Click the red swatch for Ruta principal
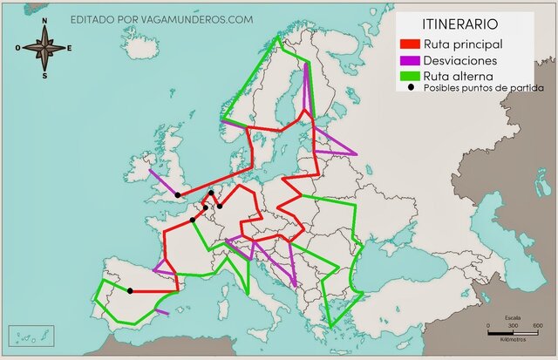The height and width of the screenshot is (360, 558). click(409, 44)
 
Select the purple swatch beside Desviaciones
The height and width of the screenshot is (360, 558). click(409, 61)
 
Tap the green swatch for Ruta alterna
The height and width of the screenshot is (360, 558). click(409, 78)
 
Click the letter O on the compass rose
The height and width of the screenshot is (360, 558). click(17, 49)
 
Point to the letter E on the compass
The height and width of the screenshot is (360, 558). click(70, 49)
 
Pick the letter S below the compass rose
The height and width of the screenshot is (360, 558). click(44, 76)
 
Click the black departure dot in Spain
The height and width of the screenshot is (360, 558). click(130, 290)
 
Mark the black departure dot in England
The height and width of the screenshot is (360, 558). click(177, 195)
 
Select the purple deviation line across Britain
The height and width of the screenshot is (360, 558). click(162, 182)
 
